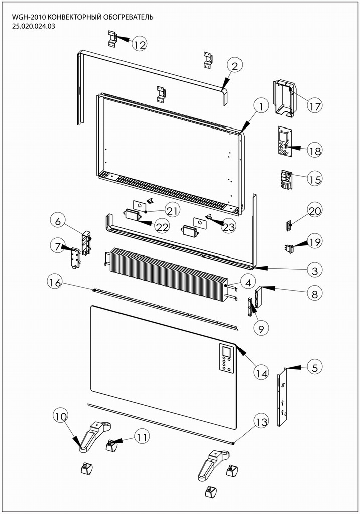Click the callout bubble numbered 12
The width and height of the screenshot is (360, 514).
pyautogui.click(x=140, y=44)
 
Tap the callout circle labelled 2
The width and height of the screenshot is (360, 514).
pyautogui.click(x=234, y=65)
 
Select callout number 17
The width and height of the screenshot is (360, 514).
pyautogui.click(x=315, y=106)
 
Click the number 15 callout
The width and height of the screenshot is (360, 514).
pyautogui.click(x=315, y=179)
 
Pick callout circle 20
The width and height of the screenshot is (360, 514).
pyautogui.click(x=315, y=211)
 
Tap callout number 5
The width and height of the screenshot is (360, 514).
pyautogui.click(x=314, y=367)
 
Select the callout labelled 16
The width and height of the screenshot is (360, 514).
pyautogui.click(x=55, y=283)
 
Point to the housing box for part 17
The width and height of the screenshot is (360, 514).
pyautogui.click(x=284, y=97)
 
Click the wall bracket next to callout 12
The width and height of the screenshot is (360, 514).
pyautogui.click(x=113, y=39)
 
